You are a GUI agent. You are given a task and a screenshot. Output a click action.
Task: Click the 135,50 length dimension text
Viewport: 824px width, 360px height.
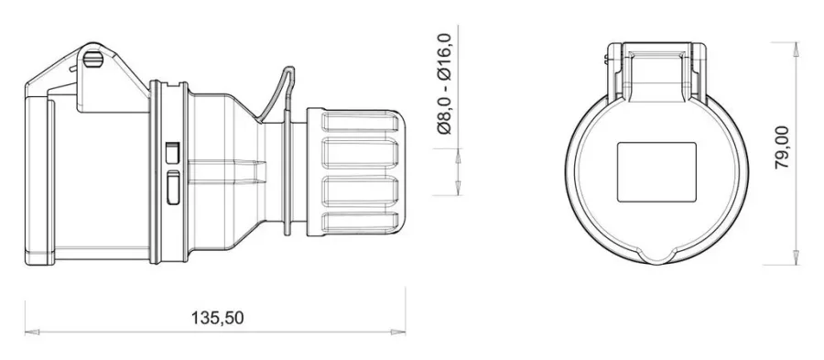(x=217, y=318)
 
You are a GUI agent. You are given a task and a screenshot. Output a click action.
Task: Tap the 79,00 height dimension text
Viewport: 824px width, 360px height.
(x=782, y=147)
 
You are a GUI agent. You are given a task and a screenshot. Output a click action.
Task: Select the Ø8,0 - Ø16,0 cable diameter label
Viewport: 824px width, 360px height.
(x=444, y=83)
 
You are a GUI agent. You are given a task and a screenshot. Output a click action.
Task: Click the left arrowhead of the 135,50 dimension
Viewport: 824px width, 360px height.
(x=32, y=333)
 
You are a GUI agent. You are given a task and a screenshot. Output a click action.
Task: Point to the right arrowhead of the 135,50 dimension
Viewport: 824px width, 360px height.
(x=398, y=333)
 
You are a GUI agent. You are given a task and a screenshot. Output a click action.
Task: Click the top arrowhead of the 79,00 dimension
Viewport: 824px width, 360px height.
(x=797, y=49)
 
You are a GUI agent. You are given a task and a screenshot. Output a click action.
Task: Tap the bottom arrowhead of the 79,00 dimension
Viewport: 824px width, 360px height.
(x=797, y=257)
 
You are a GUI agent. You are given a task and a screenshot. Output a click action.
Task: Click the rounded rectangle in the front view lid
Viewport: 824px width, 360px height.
(x=656, y=172)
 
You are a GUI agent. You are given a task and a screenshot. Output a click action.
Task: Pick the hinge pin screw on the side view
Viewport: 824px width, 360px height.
(x=93, y=60)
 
